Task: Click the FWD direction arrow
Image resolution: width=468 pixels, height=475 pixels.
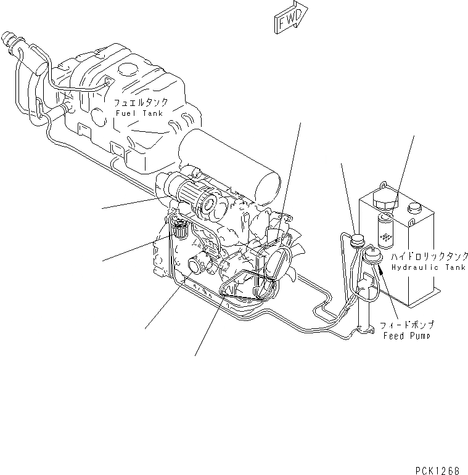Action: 289,18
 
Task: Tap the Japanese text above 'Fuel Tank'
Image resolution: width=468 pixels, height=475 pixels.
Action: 140,102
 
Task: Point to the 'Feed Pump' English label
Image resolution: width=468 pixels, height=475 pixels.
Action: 407,336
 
